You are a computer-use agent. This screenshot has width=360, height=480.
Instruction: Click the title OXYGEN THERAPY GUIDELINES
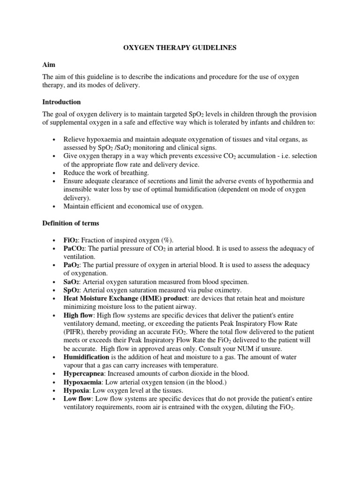click(x=180, y=48)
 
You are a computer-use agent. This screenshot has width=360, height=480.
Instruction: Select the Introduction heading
click(x=61, y=102)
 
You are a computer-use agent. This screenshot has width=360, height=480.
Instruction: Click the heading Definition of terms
click(x=71, y=223)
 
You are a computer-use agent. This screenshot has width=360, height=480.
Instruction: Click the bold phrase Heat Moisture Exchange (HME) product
click(x=126, y=299)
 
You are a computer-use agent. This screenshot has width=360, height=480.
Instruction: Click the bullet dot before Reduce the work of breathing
click(x=55, y=172)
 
